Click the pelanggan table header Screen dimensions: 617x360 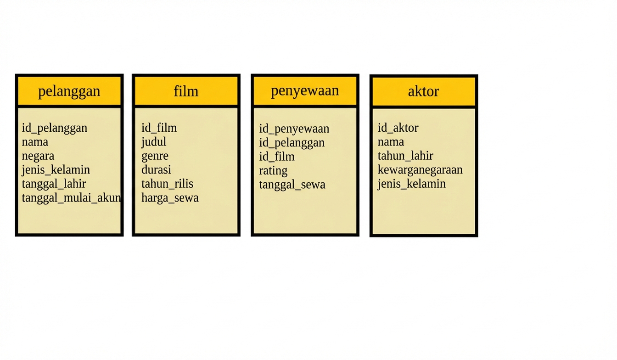click(x=69, y=91)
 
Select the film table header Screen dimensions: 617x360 click(x=186, y=91)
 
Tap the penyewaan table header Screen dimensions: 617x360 click(x=305, y=91)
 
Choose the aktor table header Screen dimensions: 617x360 click(x=424, y=91)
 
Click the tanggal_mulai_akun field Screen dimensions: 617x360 click(x=71, y=198)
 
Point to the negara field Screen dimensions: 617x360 click(x=38, y=156)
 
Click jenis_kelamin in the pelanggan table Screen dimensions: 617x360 click(x=56, y=170)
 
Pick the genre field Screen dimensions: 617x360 click(x=155, y=156)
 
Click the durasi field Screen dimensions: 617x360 click(x=156, y=170)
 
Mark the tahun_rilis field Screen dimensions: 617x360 click(x=167, y=184)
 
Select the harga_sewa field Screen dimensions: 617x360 click(x=170, y=198)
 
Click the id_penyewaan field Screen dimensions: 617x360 click(x=294, y=129)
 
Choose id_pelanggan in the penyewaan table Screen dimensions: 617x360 click(x=292, y=143)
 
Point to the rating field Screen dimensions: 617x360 click(x=273, y=171)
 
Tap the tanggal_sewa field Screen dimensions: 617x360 click(x=292, y=185)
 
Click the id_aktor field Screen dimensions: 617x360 click(x=398, y=128)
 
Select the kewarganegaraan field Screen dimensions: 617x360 click(x=420, y=170)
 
